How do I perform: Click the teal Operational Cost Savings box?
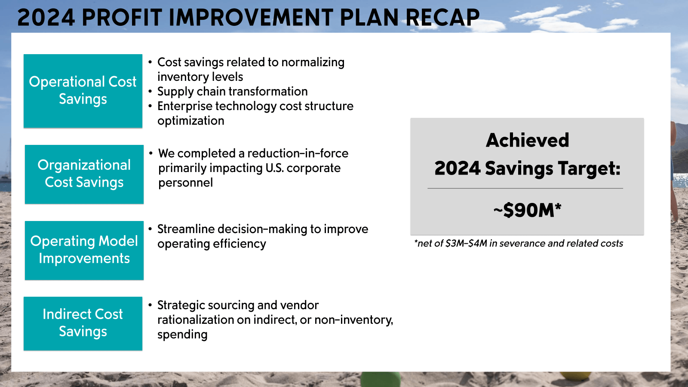(83, 91)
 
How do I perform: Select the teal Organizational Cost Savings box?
(84, 174)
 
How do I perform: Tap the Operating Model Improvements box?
(84, 250)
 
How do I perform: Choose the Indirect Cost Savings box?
(83, 323)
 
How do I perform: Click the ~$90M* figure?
(527, 210)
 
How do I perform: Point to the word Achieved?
(527, 140)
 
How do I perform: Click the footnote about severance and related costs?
(518, 243)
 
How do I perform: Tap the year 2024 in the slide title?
(46, 18)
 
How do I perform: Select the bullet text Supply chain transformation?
(232, 92)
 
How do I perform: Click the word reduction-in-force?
(298, 154)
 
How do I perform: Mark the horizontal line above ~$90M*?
(525, 188)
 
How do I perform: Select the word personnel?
(185, 183)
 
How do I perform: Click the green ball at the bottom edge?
(380, 380)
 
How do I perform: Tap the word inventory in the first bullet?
(176, 77)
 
